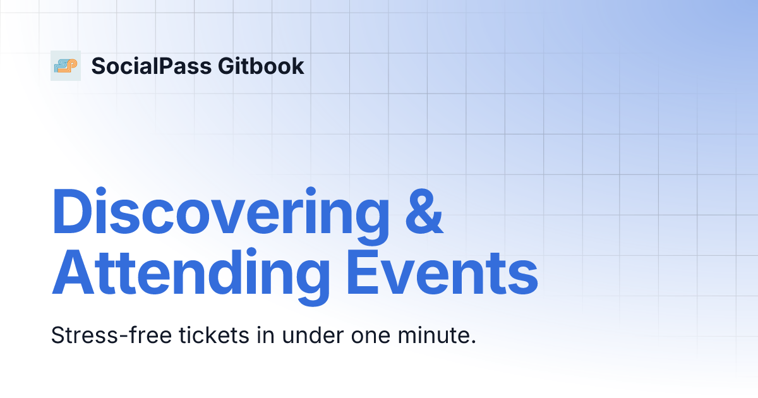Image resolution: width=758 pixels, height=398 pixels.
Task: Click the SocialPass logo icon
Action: pyautogui.click(x=66, y=66)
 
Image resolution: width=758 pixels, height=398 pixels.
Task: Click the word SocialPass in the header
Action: pyautogui.click(x=151, y=66)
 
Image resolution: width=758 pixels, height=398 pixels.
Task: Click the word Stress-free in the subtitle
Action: pyautogui.click(x=100, y=335)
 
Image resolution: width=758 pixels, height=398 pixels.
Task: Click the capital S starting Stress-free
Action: pyautogui.click(x=57, y=335)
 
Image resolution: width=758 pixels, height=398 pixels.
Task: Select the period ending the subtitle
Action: pyautogui.click(x=472, y=342)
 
